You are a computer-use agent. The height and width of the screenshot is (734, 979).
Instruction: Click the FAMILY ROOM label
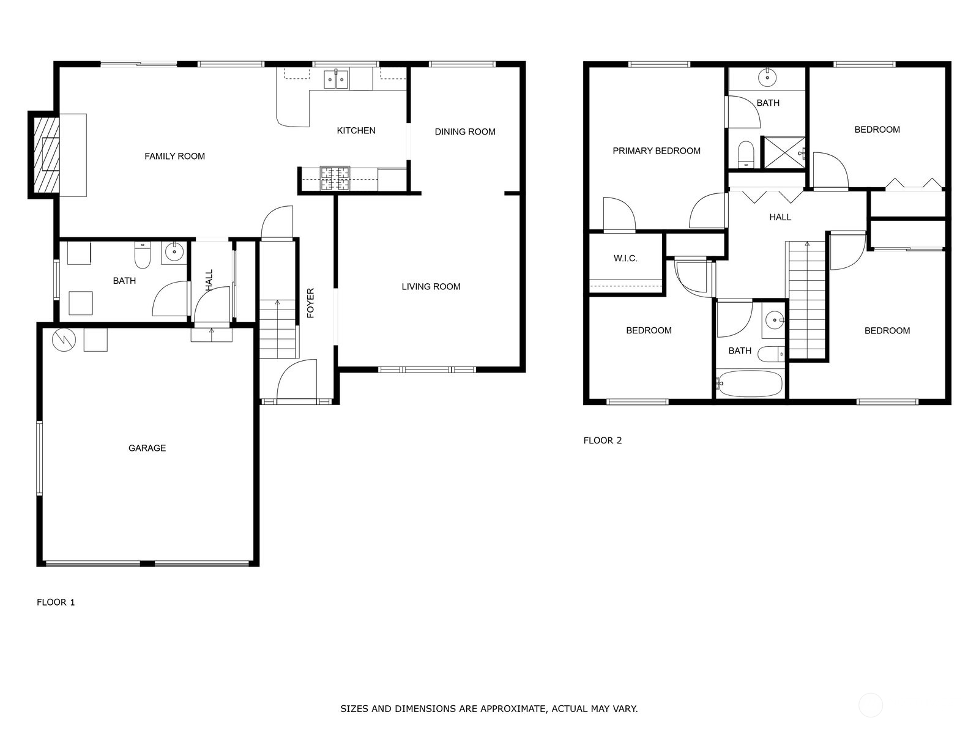[x=174, y=156]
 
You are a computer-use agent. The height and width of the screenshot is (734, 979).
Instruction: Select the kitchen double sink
[x=336, y=80]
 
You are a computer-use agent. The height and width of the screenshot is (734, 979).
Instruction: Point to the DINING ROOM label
[x=465, y=132]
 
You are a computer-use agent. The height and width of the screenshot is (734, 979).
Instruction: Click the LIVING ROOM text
[x=431, y=286]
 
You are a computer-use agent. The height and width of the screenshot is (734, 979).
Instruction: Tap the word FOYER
[x=310, y=303]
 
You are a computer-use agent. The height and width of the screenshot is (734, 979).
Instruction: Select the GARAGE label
[x=147, y=448]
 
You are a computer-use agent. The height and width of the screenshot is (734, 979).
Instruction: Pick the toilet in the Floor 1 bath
[x=143, y=255]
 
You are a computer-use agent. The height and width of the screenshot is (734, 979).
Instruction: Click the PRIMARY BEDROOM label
[x=656, y=150]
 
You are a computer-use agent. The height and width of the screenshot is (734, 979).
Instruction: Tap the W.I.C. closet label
[x=625, y=258]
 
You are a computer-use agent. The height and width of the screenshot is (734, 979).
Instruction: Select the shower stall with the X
[x=783, y=152]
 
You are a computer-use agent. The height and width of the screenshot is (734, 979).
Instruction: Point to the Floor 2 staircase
[x=806, y=300]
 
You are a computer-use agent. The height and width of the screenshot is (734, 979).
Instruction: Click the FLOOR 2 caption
[x=602, y=440]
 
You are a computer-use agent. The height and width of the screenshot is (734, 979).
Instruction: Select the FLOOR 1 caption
[x=56, y=602]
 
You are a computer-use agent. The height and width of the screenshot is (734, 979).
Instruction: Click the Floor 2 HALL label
[x=780, y=217]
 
